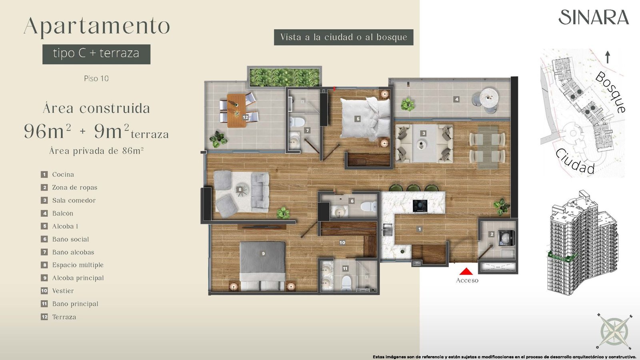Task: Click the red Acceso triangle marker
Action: pyautogui.click(x=466, y=272)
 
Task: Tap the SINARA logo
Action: pyautogui.click(x=594, y=18)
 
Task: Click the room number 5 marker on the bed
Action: pyautogui.click(x=358, y=119)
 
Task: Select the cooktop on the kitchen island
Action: pyautogui.click(x=420, y=206)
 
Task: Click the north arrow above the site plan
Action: pyautogui.click(x=608, y=57)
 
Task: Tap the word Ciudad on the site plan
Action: pyautogui.click(x=575, y=162)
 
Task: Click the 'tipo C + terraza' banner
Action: pyautogui.click(x=96, y=54)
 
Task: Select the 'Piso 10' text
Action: pyautogui.click(x=96, y=78)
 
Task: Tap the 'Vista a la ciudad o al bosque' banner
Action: pyautogui.click(x=344, y=37)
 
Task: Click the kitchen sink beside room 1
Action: pyautogui.click(x=388, y=230)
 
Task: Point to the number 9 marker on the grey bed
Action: pyautogui.click(x=263, y=253)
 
